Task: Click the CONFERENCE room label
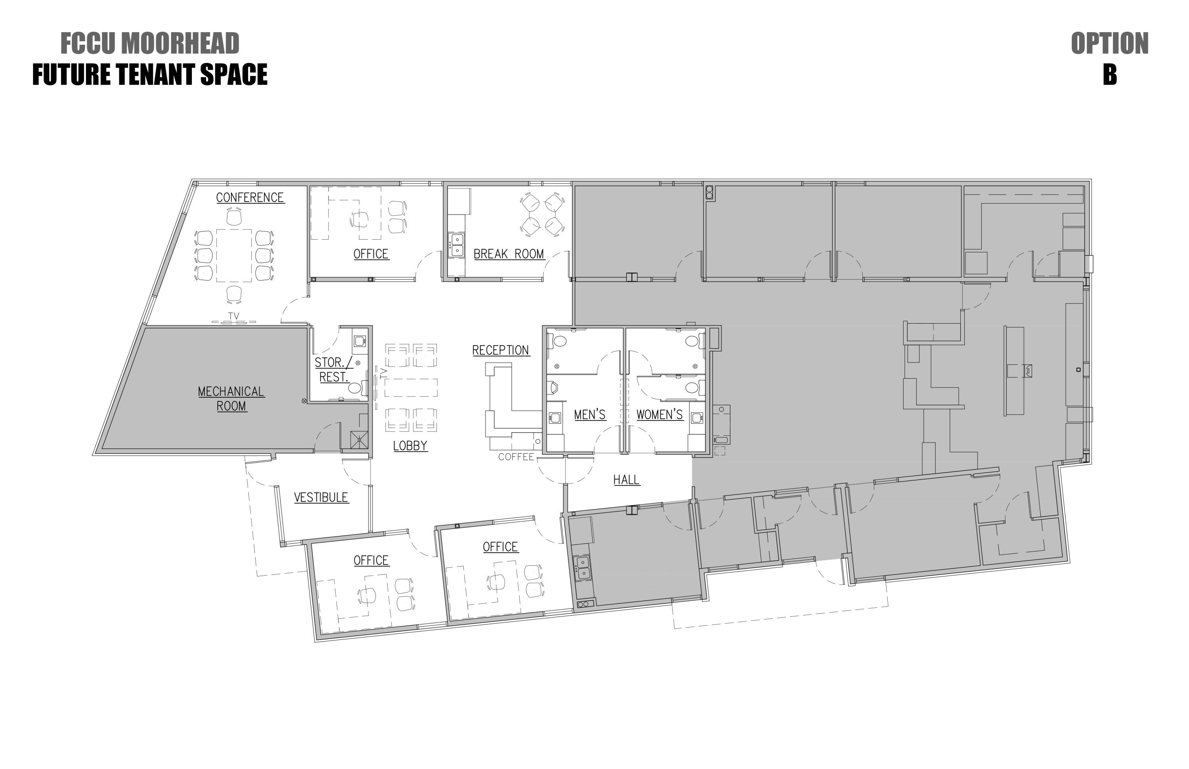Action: pyautogui.click(x=250, y=198)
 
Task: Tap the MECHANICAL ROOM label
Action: pyautogui.click(x=231, y=399)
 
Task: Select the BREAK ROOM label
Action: pyautogui.click(x=508, y=254)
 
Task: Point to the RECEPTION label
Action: pyautogui.click(x=501, y=351)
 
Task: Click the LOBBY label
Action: pyautogui.click(x=410, y=446)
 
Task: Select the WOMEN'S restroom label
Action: pyautogui.click(x=659, y=414)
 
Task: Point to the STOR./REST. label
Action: pyautogui.click(x=334, y=370)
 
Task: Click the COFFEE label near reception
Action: pyautogui.click(x=516, y=457)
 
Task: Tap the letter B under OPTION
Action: pyautogui.click(x=1110, y=75)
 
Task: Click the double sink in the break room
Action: pyautogui.click(x=457, y=245)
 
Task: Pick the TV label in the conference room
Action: pyautogui.click(x=233, y=316)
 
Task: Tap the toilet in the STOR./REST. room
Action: pyautogui.click(x=355, y=388)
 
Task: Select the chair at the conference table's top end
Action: pyautogui.click(x=234, y=217)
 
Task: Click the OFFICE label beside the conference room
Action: pyautogui.click(x=371, y=254)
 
